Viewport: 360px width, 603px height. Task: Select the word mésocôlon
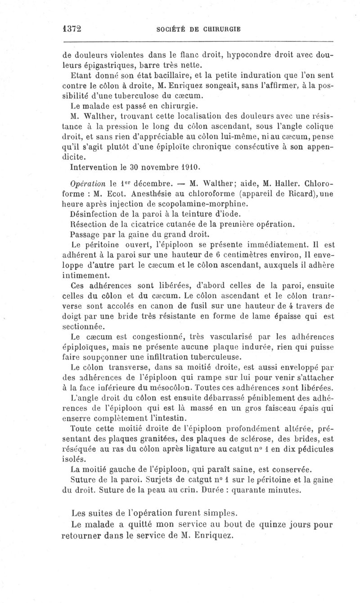tap(168, 388)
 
